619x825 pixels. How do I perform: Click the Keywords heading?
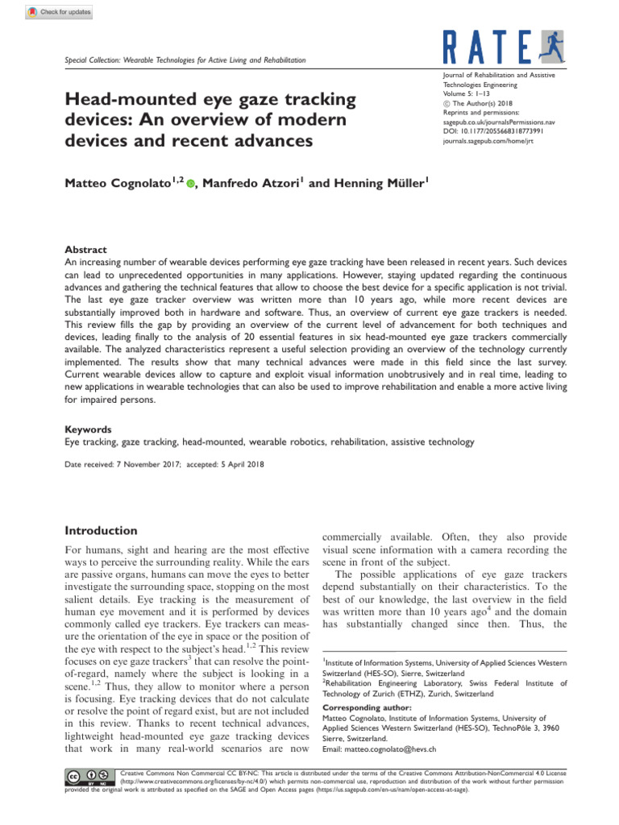click(89, 430)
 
